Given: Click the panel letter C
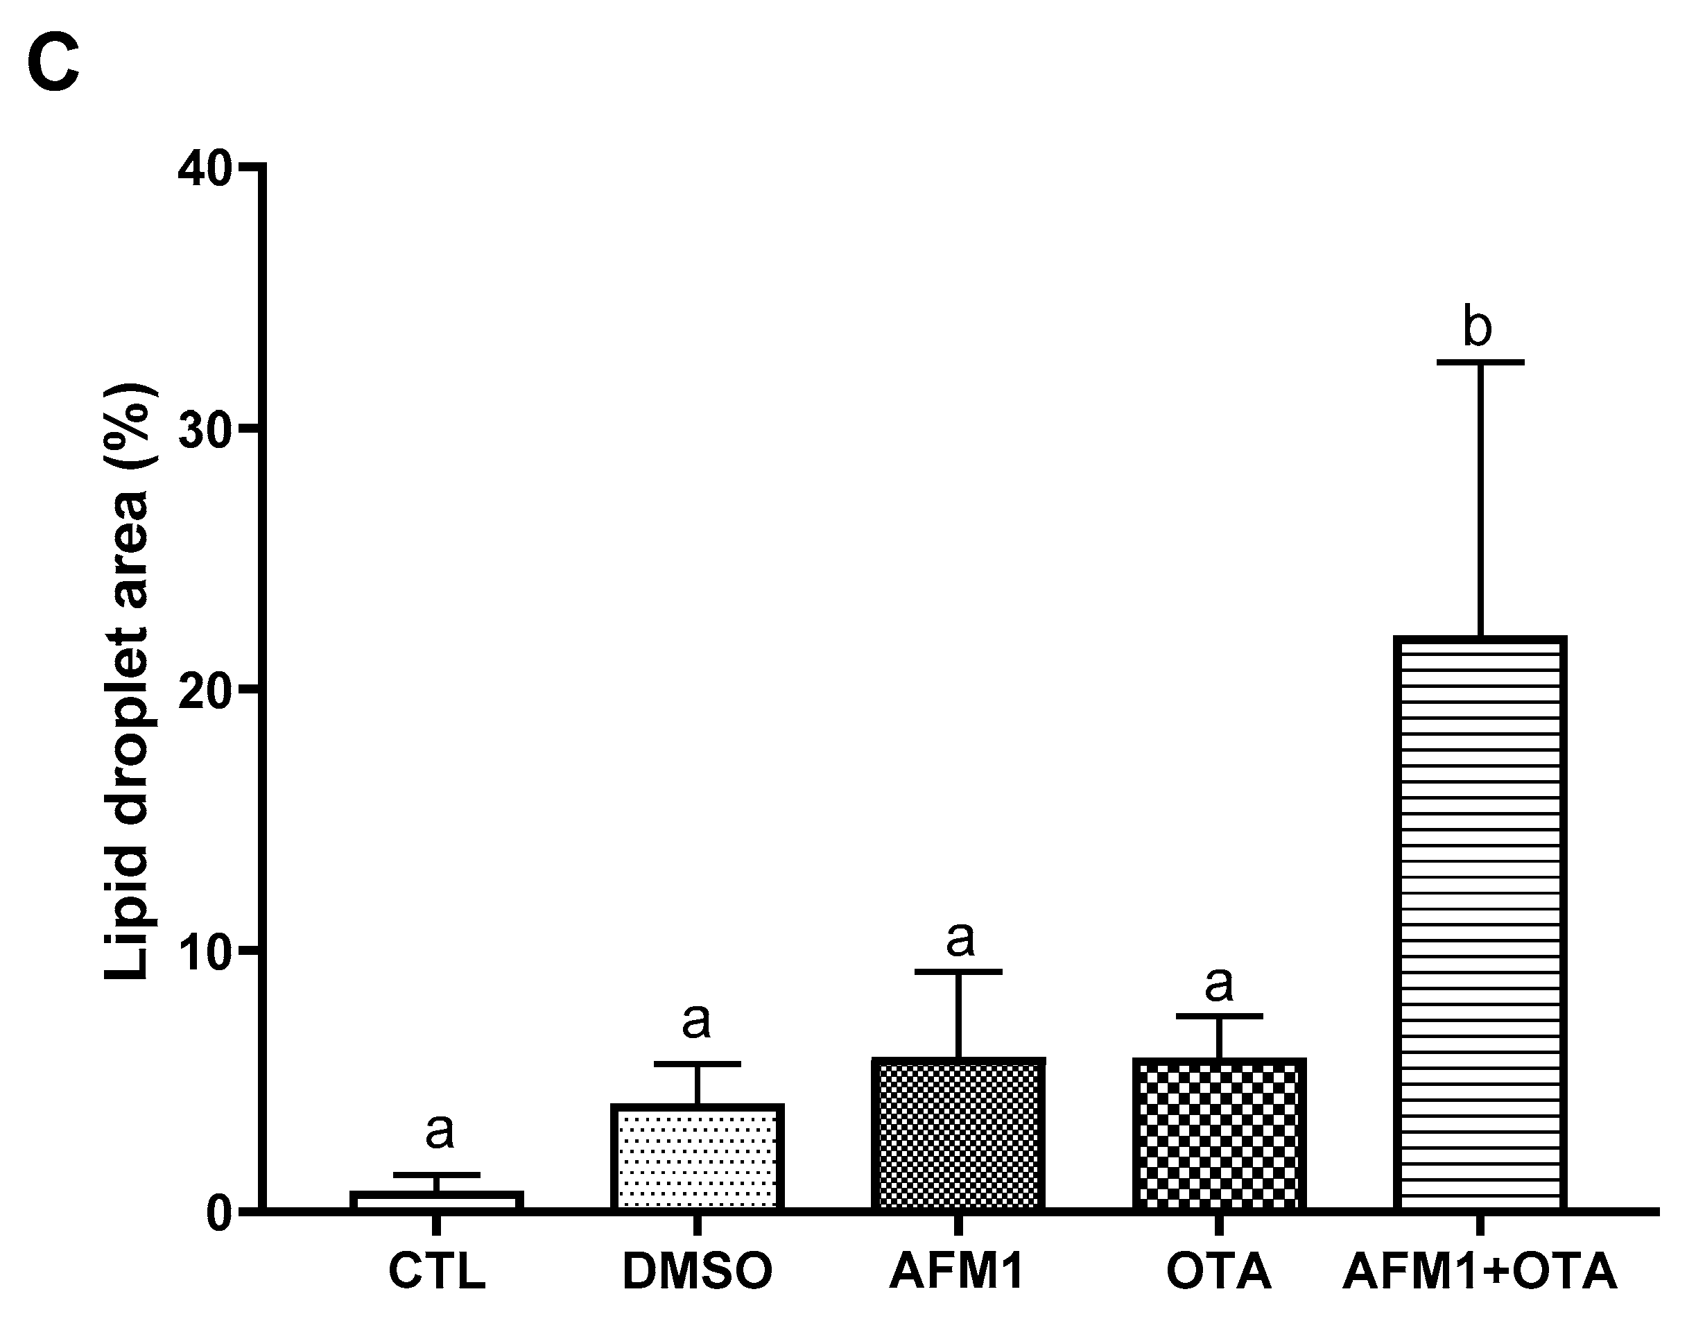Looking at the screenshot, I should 53,64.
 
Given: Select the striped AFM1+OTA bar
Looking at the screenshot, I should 1480,924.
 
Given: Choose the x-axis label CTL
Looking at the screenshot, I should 436,1271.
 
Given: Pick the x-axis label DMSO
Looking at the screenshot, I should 697,1271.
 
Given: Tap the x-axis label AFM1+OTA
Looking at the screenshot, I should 1480,1271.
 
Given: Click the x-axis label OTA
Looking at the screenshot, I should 1218,1271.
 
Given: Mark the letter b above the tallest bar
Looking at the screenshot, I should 1477,327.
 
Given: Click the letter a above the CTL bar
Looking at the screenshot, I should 440,1131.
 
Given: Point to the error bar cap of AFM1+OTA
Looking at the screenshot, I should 1480,363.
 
